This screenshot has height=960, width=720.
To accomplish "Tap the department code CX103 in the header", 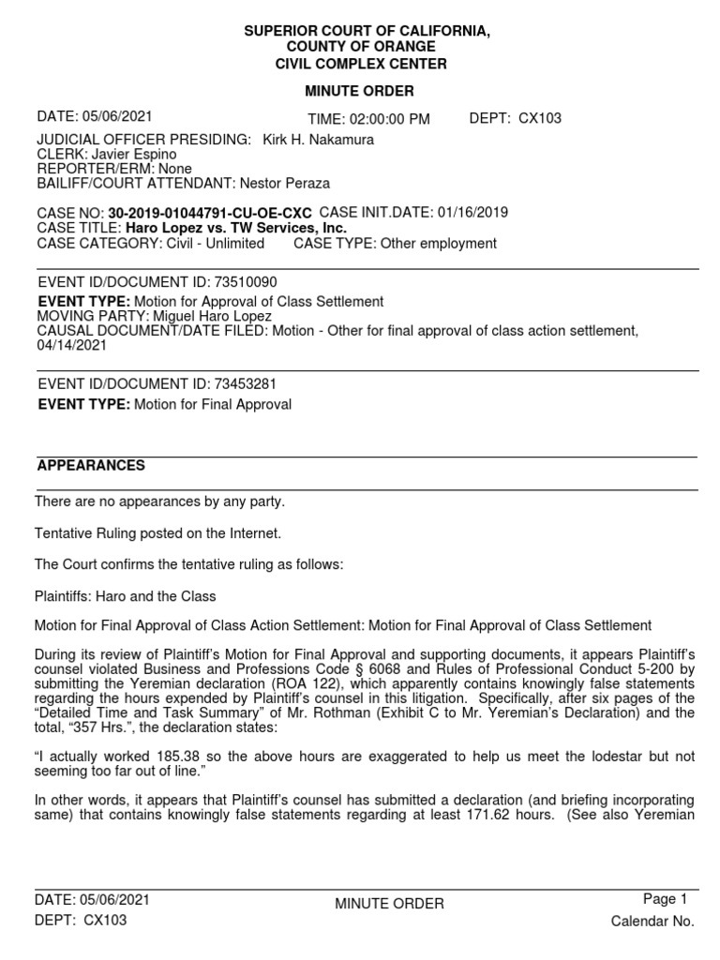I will (540, 118).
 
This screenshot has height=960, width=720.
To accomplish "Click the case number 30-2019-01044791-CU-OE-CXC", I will (210, 214).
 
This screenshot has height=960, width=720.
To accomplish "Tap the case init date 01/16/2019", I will (472, 213).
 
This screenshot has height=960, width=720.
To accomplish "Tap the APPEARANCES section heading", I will (91, 466).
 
